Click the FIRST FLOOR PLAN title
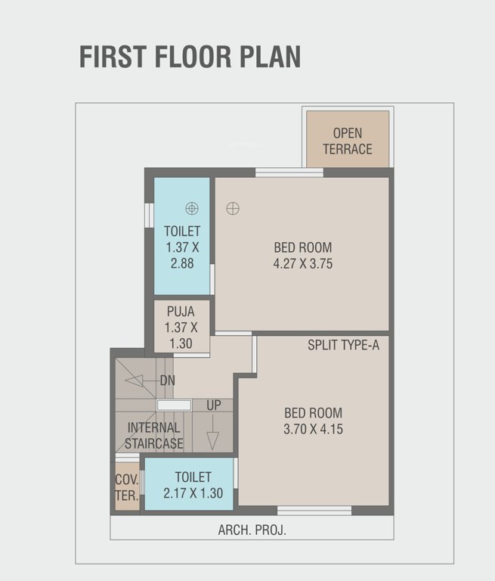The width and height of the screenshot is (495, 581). (190, 57)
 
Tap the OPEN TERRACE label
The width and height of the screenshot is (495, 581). (348, 141)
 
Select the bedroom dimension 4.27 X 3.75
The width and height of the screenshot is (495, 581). (302, 264)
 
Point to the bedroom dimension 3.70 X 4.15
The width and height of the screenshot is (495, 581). (313, 429)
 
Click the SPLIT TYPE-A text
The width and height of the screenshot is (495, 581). (343, 345)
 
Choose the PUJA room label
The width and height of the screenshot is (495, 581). (181, 311)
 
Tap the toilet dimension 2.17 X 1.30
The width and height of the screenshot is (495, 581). (193, 492)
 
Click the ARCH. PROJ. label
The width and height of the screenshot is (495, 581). (252, 530)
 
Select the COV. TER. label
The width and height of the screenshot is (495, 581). (126, 487)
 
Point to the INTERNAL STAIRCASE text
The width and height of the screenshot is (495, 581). (154, 436)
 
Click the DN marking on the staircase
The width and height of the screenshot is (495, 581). (167, 381)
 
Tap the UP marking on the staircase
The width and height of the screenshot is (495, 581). (214, 405)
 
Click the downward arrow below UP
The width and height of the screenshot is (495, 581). (212, 439)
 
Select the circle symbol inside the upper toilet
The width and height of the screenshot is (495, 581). (192, 207)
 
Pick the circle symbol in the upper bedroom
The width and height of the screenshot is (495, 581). (233, 208)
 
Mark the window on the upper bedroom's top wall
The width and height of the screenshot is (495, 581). (289, 172)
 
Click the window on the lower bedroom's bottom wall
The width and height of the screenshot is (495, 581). (314, 511)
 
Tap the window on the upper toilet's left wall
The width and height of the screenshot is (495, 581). (149, 215)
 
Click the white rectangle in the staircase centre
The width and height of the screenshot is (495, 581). (174, 405)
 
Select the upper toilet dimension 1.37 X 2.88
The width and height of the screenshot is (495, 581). (182, 254)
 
